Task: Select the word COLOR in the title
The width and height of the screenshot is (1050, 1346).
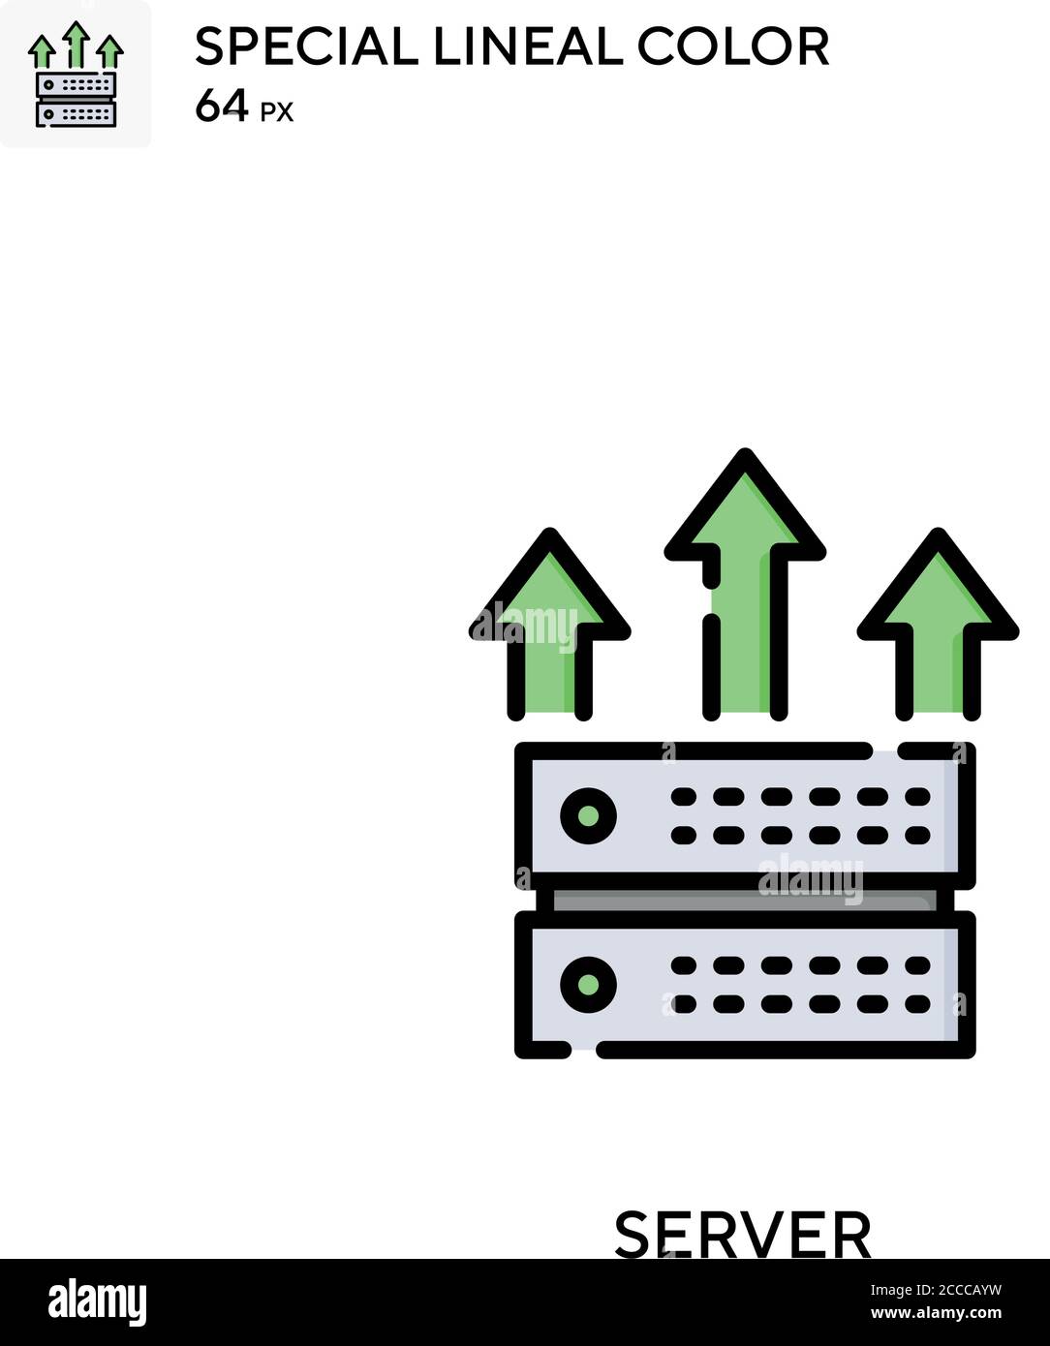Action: [733, 46]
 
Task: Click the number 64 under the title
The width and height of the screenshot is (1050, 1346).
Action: [222, 106]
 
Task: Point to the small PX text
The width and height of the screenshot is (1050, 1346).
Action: [276, 112]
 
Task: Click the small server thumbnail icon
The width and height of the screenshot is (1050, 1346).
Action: [76, 75]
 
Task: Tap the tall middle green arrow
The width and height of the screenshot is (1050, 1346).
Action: [745, 584]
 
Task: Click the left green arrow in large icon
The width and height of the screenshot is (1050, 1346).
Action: [549, 625]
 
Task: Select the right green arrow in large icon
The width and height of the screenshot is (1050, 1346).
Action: [938, 625]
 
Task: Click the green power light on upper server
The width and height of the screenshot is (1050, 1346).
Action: [588, 815]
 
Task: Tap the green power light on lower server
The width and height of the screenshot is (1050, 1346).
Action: [588, 984]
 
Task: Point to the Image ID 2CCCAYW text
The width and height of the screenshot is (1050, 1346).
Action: [936, 1290]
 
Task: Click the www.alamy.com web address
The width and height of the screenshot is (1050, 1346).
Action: [936, 1312]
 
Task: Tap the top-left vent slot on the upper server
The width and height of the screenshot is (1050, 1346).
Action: [683, 797]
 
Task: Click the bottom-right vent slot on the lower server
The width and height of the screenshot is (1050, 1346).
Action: [917, 1003]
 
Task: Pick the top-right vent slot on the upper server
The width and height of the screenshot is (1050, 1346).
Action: [917, 797]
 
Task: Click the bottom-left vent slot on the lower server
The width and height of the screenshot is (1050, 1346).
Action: [683, 1003]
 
